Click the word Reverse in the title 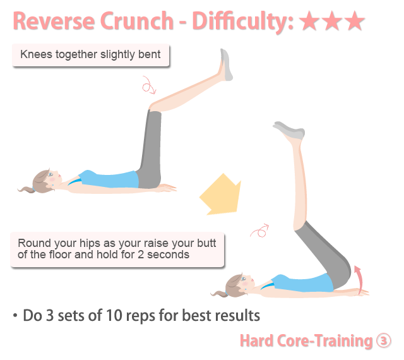click(x=54, y=21)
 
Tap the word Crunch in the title click(x=137, y=21)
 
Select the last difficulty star click(x=355, y=21)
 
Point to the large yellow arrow click(x=221, y=195)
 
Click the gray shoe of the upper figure click(x=226, y=64)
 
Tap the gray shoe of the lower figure click(x=289, y=130)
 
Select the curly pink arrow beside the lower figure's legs click(x=260, y=231)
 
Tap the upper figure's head click(x=46, y=181)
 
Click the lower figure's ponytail click(x=219, y=294)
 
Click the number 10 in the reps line click(x=114, y=315)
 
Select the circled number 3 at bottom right click(x=384, y=340)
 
